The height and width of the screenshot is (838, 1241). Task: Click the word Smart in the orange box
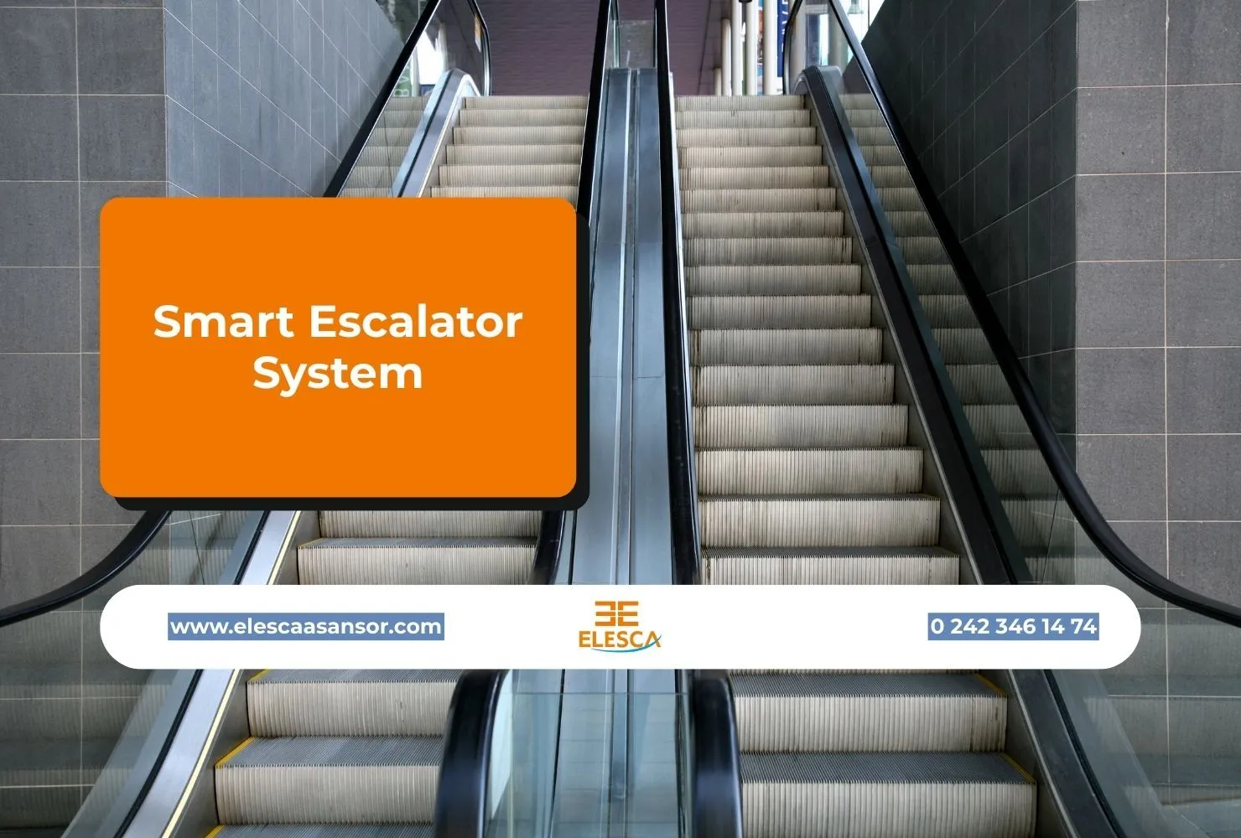point(223,322)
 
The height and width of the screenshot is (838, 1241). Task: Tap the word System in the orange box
point(337,374)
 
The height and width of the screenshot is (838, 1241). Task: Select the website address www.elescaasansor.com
point(306,626)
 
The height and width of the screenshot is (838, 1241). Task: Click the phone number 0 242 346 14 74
point(1013,626)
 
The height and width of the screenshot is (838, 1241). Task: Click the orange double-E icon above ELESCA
point(617,613)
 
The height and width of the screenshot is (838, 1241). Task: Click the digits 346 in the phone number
point(1017,626)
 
